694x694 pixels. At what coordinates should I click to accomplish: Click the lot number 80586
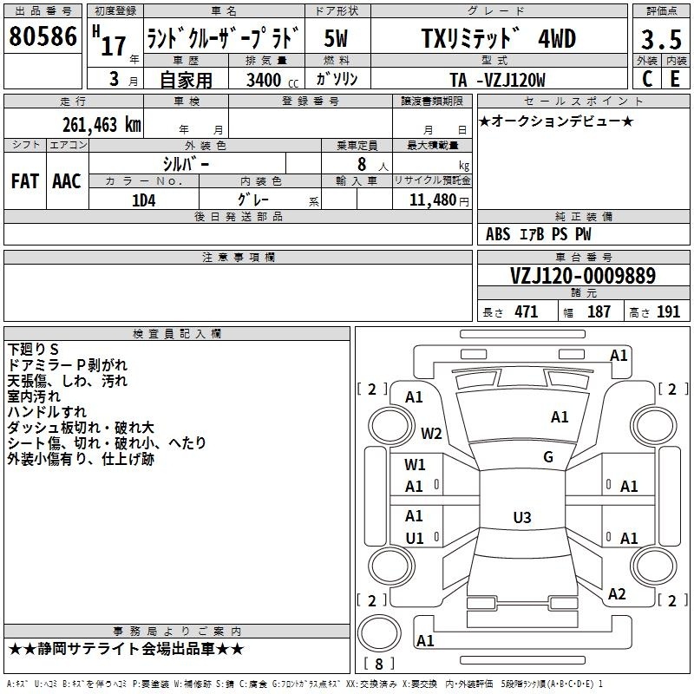43,36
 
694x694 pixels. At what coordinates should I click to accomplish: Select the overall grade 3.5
661,39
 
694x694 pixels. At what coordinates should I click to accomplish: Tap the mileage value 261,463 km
101,125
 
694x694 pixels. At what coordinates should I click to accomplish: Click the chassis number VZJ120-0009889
583,276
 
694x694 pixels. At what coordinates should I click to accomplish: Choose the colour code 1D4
144,200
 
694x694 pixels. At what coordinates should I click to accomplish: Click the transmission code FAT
25,181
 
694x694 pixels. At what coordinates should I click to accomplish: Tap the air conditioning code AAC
67,181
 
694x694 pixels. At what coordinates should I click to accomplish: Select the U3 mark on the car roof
522,517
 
